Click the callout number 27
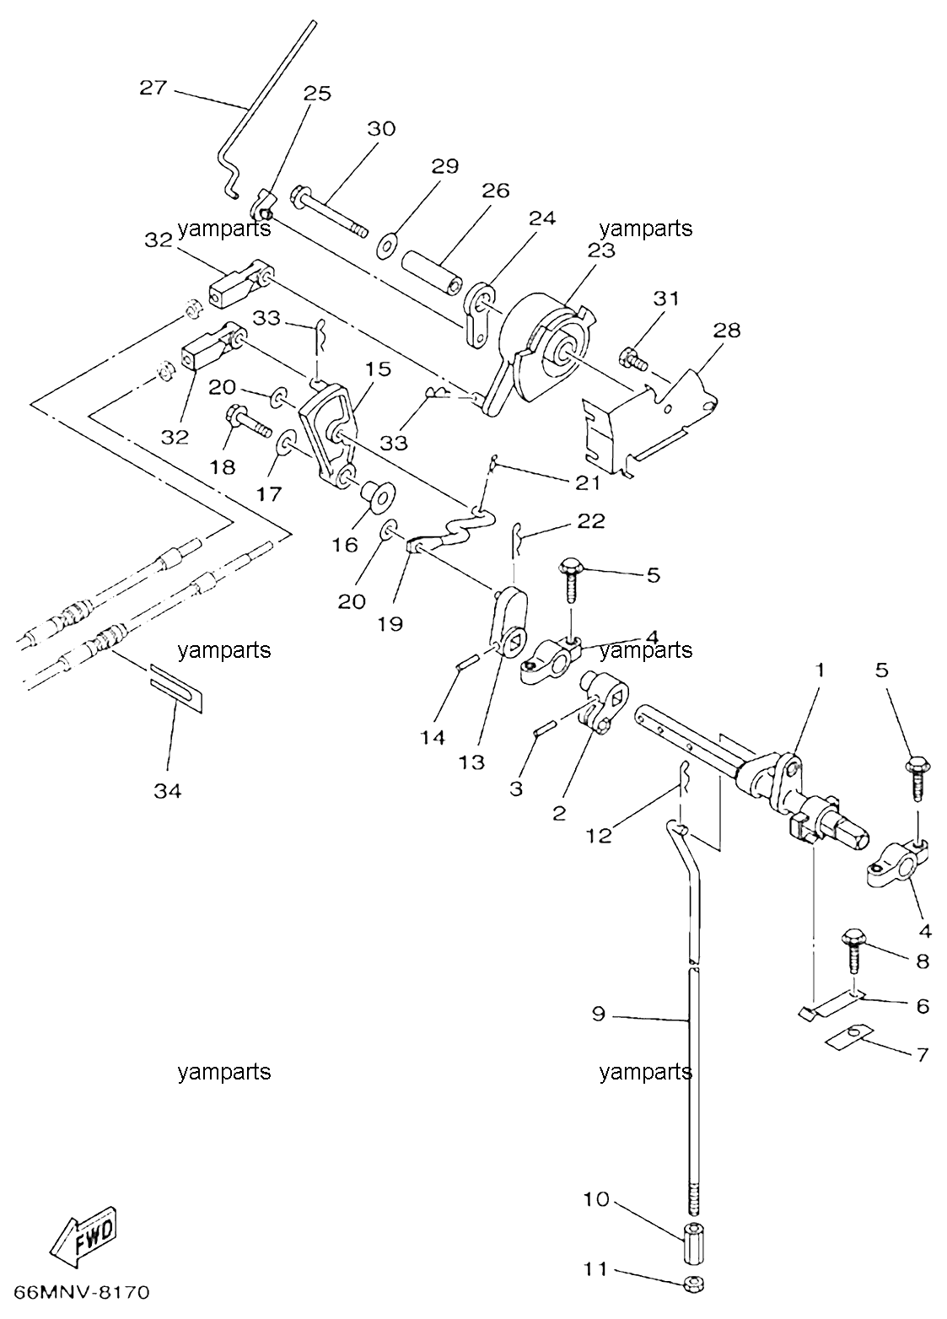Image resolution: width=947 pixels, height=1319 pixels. (x=153, y=89)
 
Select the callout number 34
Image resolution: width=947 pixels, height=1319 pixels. (x=168, y=791)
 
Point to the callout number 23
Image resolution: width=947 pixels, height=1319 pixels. (x=600, y=250)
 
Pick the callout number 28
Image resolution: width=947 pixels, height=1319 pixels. (x=726, y=330)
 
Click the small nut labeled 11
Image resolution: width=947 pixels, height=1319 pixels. (x=694, y=1284)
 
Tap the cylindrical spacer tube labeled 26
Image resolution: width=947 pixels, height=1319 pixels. (x=432, y=273)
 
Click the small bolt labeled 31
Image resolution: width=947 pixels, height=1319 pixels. (x=633, y=359)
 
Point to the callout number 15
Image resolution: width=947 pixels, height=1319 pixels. (x=377, y=369)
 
